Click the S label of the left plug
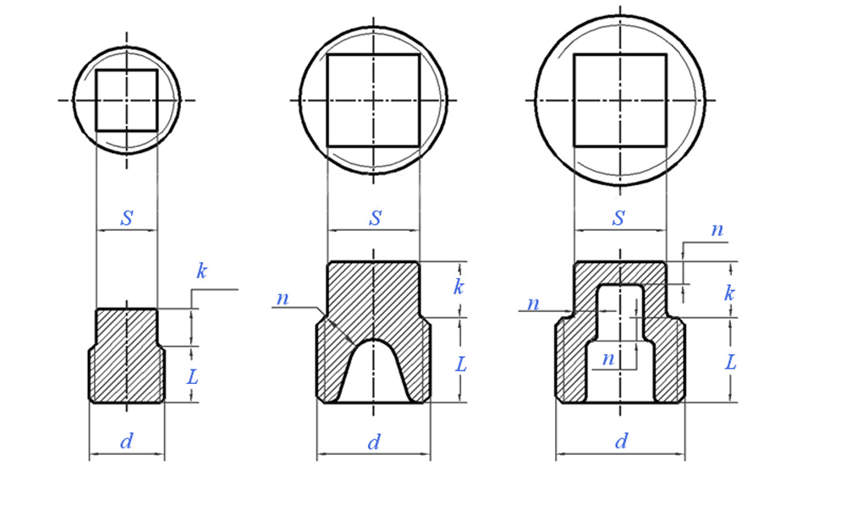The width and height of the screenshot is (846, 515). click(127, 218)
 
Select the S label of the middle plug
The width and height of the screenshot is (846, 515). click(376, 218)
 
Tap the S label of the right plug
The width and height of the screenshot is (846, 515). click(619, 218)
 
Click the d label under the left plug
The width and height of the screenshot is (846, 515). click(127, 441)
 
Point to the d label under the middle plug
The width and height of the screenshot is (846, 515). click(374, 443)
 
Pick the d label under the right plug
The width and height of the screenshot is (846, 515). click(622, 441)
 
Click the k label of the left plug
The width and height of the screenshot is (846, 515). click(201, 271)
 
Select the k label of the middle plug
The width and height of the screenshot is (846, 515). click(458, 287)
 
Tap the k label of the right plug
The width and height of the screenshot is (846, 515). click(729, 293)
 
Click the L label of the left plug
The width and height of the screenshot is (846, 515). click(193, 376)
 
